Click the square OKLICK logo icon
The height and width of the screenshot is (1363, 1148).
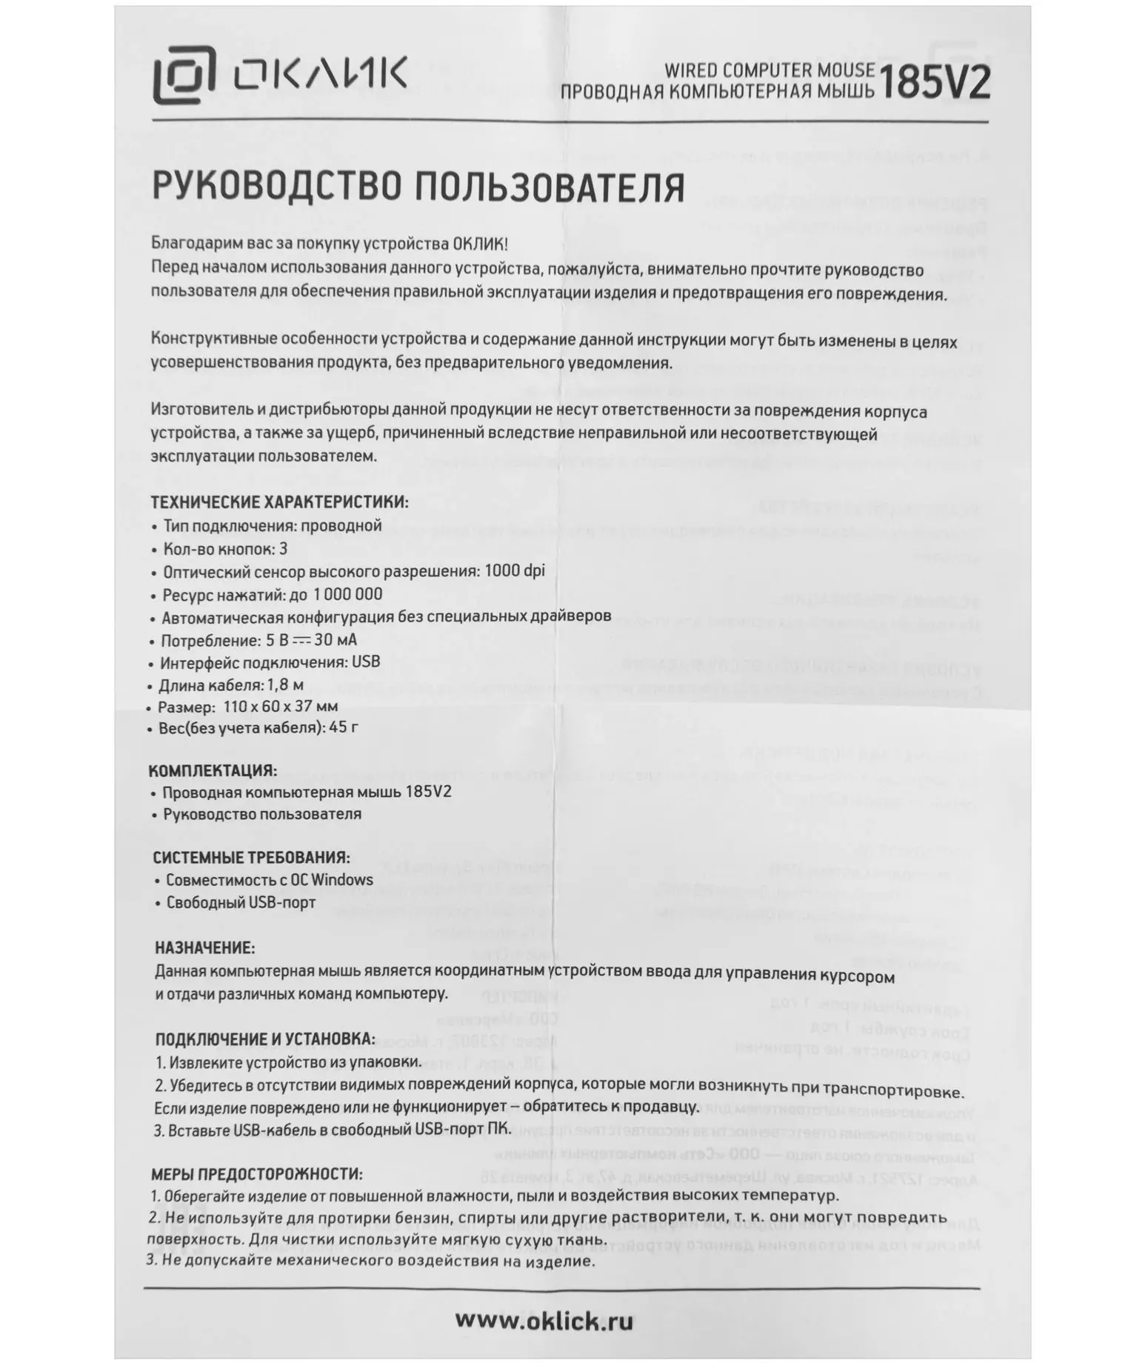point(184,75)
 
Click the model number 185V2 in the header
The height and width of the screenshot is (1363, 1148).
point(933,83)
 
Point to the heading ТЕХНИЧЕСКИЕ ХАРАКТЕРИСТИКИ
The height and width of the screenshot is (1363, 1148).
point(279,502)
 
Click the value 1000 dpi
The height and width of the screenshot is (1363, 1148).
point(514,571)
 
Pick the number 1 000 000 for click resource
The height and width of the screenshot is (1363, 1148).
point(347,594)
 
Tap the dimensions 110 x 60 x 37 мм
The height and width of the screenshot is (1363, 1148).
point(281,707)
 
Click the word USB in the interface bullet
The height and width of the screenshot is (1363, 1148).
point(366,662)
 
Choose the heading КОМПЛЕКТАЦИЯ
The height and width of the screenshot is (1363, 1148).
point(213,770)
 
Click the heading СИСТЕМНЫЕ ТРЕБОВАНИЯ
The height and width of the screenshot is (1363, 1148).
point(251,858)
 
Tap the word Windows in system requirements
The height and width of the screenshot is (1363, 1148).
point(341,880)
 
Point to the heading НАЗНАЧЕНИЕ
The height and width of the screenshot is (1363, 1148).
point(204,948)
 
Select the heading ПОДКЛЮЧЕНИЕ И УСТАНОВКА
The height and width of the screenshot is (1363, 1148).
point(264,1039)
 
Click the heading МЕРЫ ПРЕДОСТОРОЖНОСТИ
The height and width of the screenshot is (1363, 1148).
point(256,1174)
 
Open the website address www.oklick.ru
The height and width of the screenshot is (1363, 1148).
point(544,1320)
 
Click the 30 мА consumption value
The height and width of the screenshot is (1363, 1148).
point(336,640)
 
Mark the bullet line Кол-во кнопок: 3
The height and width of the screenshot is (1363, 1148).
point(225,549)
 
